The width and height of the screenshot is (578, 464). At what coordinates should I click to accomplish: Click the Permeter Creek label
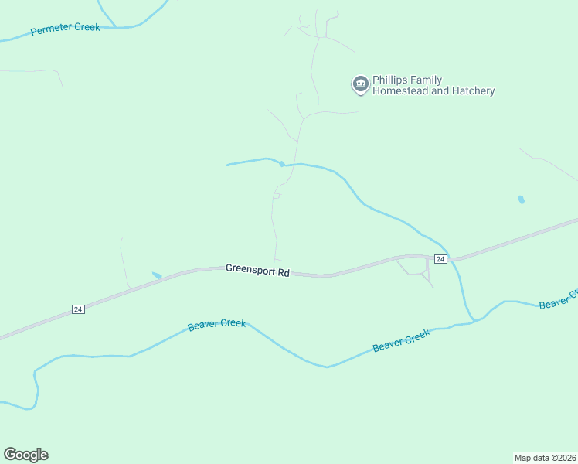click(66, 29)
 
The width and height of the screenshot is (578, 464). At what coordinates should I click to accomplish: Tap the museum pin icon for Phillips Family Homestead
click(360, 84)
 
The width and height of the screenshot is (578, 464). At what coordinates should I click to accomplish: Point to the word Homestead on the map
click(399, 91)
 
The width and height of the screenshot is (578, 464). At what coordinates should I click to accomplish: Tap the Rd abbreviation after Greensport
click(284, 272)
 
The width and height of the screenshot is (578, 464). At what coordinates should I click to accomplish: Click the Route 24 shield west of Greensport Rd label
click(78, 309)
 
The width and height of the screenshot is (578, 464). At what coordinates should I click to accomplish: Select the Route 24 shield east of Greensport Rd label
click(440, 259)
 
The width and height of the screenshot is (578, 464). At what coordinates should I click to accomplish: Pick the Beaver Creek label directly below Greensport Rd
click(217, 325)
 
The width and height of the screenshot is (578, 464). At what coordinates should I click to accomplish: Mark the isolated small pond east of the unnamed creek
click(522, 200)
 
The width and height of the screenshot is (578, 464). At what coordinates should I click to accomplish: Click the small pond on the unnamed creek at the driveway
click(282, 163)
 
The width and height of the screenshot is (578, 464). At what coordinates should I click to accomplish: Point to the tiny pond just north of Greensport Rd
click(157, 275)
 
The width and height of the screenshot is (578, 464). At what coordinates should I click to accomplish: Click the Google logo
click(25, 455)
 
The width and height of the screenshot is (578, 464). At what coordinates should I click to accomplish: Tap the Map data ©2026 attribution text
click(544, 457)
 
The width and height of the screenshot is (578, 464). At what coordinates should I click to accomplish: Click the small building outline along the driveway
click(276, 196)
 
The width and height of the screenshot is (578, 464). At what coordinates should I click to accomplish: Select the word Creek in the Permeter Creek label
click(87, 27)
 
